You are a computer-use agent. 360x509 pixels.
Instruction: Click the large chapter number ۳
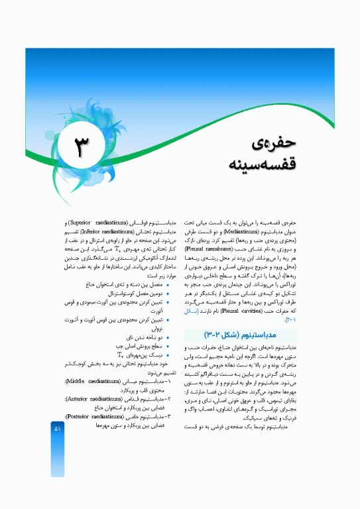[84, 145]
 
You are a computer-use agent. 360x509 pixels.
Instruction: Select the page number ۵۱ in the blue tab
[57, 429]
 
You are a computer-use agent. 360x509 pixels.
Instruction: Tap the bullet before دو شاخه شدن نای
[169, 337]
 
